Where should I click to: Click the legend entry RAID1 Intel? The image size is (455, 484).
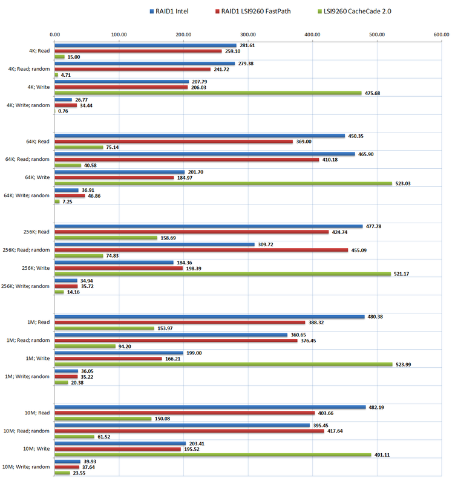172,11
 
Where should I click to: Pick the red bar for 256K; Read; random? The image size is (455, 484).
201,250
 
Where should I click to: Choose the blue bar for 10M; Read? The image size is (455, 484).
210,407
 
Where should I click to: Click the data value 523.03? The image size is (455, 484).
402,183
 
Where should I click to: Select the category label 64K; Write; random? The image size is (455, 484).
27,195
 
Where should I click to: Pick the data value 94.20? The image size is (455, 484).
126,347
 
